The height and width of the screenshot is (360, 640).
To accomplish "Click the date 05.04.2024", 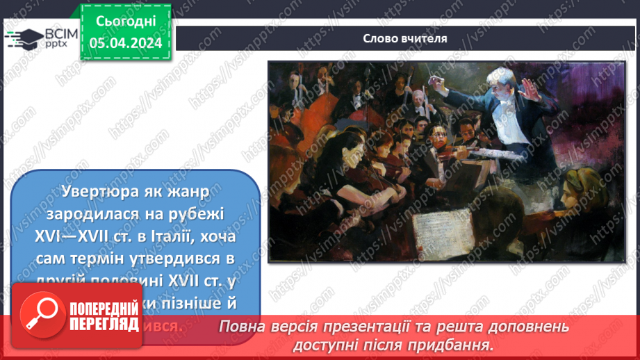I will coord(126,43).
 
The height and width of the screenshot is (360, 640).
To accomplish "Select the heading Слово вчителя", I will coord(405,38).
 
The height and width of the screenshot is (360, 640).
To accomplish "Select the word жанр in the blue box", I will coord(195,189).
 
